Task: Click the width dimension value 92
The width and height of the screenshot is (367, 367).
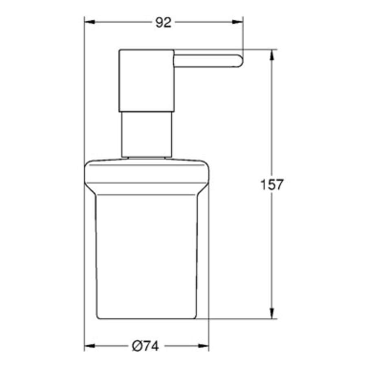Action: click(x=163, y=23)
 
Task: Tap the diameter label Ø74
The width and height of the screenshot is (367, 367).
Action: click(x=145, y=346)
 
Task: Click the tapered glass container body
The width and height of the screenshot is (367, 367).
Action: click(x=146, y=253)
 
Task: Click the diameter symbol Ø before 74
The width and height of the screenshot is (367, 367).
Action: click(x=137, y=346)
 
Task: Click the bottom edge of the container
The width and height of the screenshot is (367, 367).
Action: click(x=146, y=318)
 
